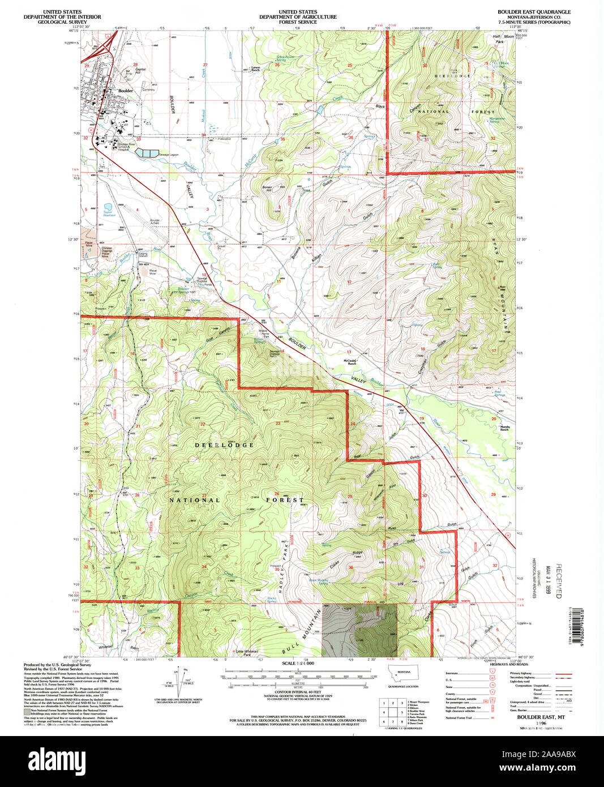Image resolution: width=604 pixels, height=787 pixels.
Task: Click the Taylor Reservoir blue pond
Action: coord(108,207)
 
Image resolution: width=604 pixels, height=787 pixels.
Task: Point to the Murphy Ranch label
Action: coord(505,428)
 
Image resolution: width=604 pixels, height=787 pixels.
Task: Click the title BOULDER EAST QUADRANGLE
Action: coord(534,12)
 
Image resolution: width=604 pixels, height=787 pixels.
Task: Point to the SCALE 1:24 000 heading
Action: coord(298,663)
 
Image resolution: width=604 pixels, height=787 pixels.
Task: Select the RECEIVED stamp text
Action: coord(558,581)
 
